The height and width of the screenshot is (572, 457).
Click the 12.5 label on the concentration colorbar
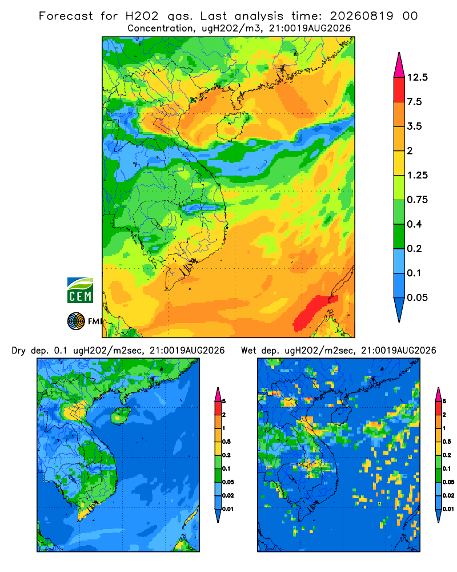(x=417, y=77)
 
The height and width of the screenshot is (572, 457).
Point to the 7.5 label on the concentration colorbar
(x=414, y=102)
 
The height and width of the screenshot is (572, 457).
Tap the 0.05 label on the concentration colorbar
(x=417, y=297)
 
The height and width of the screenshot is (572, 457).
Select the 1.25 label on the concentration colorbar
(x=417, y=176)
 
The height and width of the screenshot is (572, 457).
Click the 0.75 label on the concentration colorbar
(x=417, y=200)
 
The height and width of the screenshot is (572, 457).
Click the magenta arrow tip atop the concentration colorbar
(x=399, y=65)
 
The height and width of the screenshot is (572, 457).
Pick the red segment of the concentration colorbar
(x=399, y=90)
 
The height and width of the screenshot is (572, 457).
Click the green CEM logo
(x=80, y=290)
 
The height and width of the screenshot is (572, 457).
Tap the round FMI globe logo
(x=76, y=321)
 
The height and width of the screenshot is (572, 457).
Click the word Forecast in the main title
(x=66, y=16)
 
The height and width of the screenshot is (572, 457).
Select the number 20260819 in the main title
(x=362, y=16)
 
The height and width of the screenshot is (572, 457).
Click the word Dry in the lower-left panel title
(x=19, y=351)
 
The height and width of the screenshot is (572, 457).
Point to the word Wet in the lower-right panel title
(x=248, y=351)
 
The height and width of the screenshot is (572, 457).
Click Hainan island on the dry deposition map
(x=120, y=415)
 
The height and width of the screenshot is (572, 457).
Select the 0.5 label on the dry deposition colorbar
(x=226, y=442)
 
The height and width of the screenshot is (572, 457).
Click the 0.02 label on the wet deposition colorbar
(x=448, y=495)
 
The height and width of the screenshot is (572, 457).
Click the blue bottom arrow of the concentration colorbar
(x=399, y=309)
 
